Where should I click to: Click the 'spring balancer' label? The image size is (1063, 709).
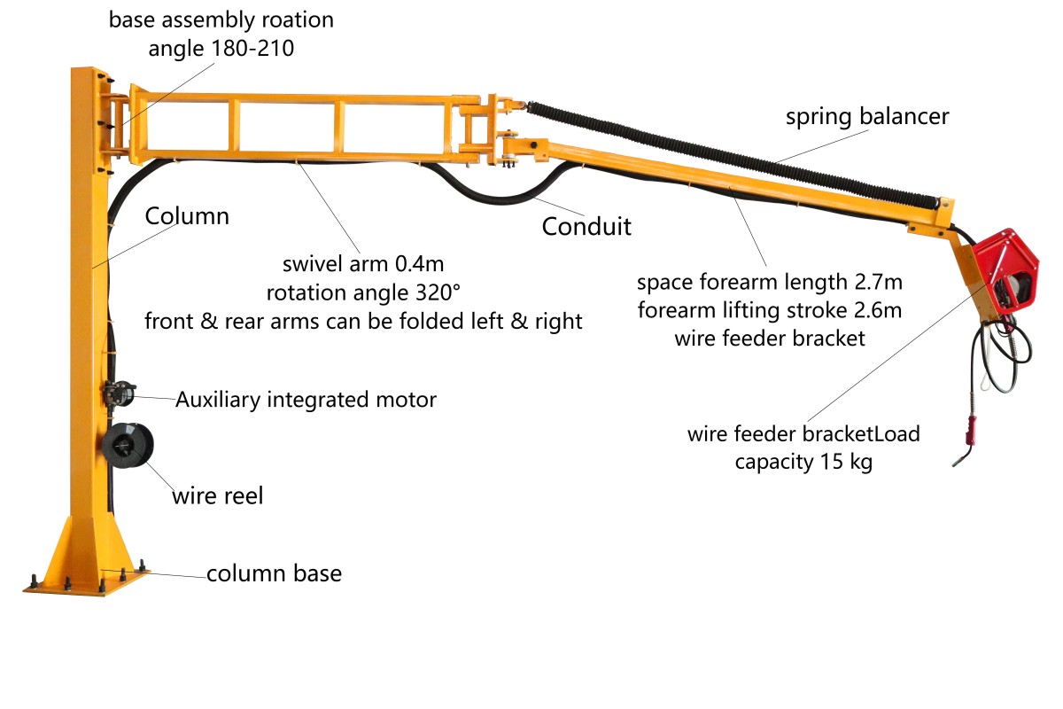(x=867, y=117)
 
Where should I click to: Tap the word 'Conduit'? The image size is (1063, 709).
(x=586, y=227)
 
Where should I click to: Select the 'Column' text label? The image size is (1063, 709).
(x=187, y=216)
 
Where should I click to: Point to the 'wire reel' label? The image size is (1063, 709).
(x=217, y=496)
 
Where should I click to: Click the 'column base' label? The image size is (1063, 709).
(x=274, y=573)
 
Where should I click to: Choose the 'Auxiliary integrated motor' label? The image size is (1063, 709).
(x=306, y=400)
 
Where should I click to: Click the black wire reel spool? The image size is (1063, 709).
(x=127, y=446)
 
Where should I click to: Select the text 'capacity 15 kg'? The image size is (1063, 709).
(x=803, y=462)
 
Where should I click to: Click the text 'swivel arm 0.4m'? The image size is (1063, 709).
(x=363, y=264)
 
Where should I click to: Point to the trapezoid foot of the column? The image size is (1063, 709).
(x=87, y=549)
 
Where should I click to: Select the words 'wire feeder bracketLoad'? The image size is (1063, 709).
(x=803, y=434)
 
